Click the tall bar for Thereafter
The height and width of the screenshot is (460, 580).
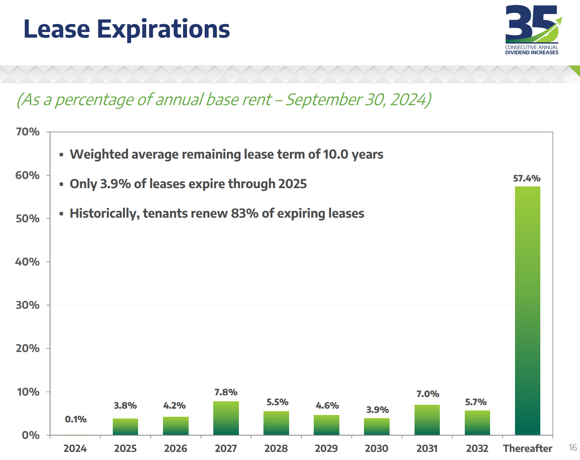pos(527,311)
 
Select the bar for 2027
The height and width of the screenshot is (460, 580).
pos(226,418)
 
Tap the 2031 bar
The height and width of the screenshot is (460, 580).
pos(427,420)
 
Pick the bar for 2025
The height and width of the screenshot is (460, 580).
pos(125,427)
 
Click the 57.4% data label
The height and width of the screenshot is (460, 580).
pos(527,178)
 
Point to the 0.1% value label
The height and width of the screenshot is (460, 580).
pos(76,419)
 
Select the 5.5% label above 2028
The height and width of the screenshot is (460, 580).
pos(277,402)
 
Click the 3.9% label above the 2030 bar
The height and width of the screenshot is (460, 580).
pos(377,410)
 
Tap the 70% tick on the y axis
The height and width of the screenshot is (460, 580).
pos(28,132)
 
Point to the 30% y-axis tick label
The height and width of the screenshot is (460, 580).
pos(28,305)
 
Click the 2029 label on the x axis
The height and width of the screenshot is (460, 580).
pos(326,448)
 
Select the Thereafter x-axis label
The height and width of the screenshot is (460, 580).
pos(527,448)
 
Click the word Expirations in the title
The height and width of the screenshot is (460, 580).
pos(163,30)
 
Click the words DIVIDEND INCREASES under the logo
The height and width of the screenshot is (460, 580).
pos(532,53)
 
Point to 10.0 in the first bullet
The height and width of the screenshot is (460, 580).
pos(335,154)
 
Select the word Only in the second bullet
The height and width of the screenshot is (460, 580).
pos(83,184)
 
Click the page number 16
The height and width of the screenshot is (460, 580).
pos(573,447)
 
